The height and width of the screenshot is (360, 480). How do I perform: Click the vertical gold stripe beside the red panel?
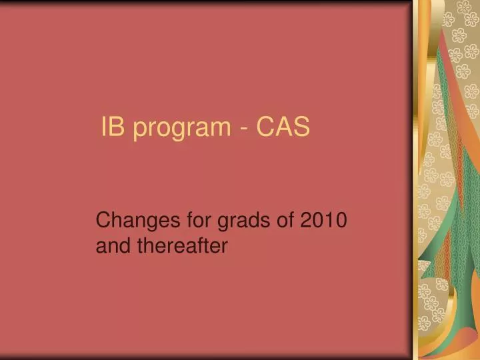click(420, 180)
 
